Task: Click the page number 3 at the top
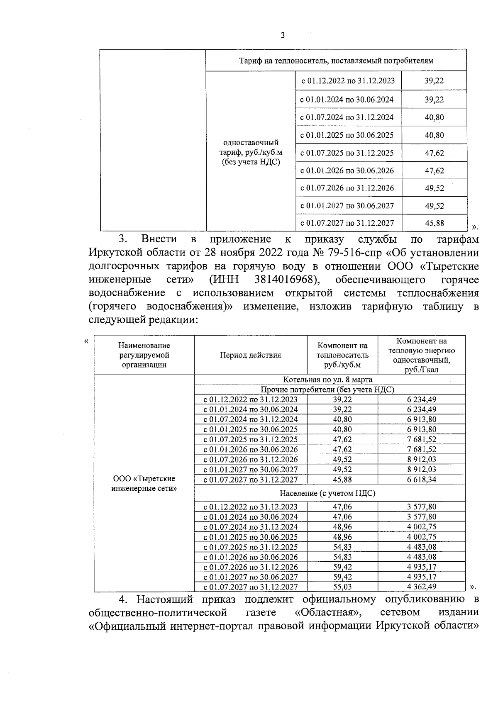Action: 283,36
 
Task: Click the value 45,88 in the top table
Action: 434,223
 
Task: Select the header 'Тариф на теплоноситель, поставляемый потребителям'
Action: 336,61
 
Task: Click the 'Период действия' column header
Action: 250,355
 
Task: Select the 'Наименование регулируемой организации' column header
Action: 144,355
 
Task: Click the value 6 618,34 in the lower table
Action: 421,480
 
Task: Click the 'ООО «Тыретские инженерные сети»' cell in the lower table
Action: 144,483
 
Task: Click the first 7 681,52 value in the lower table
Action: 421,439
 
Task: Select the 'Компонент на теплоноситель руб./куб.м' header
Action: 342,355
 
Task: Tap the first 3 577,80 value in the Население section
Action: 421,507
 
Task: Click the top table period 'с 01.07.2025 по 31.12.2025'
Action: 347,153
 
